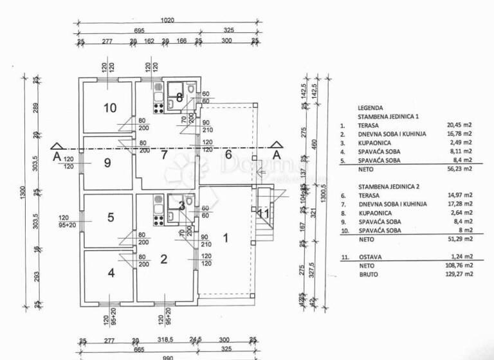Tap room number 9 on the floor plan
[107, 163]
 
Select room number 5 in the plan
[111, 217]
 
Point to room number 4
[111, 272]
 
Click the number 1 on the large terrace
[225, 237]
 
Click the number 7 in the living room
[164, 154]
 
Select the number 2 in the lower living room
[163, 259]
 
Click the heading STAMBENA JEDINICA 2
[389, 186]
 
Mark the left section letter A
[57, 155]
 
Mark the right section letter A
[277, 155]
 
